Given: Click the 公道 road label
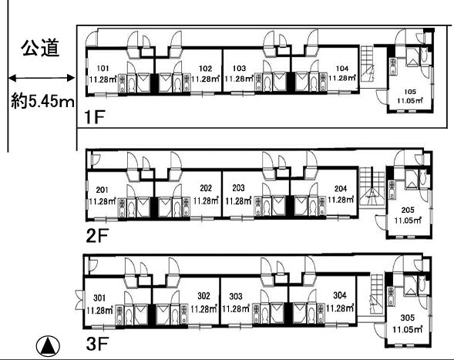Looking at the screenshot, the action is point(41,48).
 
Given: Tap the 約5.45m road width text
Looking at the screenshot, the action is point(42,101).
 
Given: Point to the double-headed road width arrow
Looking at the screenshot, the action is point(42,78).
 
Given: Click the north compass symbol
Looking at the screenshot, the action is point(48,346).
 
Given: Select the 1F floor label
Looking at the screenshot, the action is point(94,117).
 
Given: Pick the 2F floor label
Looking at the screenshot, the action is point(97,235).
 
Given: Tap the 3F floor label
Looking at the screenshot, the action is point(97,344).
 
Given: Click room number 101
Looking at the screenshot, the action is point(103,69).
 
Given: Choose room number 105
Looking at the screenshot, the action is point(410,92).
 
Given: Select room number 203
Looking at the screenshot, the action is point(238,188).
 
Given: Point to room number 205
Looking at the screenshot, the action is point(408,210).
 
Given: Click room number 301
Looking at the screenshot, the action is point(99,298).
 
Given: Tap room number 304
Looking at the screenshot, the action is point(340,295).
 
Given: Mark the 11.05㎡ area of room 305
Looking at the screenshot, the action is point(408,329).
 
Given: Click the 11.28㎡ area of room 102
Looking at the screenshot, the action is point(205,79).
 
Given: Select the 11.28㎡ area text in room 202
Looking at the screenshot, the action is point(205,200).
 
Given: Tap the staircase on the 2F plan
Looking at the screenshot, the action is point(372,186).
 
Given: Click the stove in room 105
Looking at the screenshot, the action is point(393,67).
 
